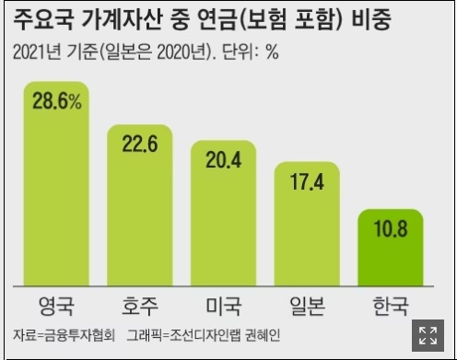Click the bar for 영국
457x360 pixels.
tap(56, 184)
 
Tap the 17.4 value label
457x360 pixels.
tap(308, 180)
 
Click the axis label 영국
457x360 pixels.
tap(56, 305)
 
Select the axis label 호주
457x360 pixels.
tap(140, 305)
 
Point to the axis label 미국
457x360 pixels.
tap(223, 305)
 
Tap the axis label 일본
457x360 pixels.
tap(308, 305)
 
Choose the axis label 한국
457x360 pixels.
tap(391, 305)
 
